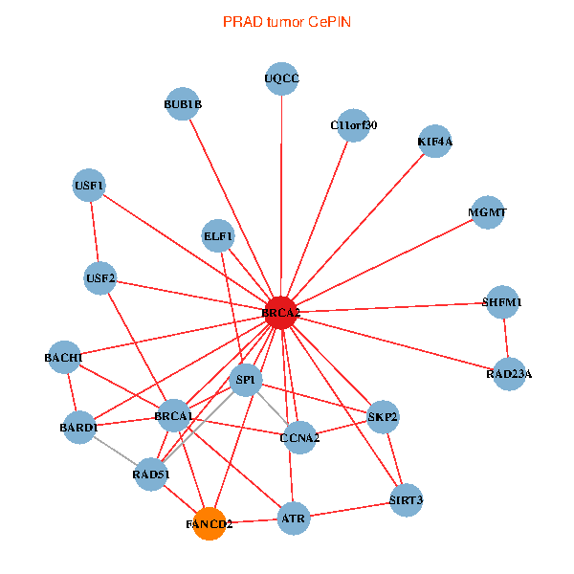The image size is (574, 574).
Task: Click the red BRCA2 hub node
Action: pyautogui.click(x=281, y=313)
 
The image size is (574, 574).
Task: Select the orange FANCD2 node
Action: pyautogui.click(x=210, y=524)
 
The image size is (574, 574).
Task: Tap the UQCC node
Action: pyautogui.click(x=281, y=79)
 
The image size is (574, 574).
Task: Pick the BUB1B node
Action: pyautogui.click(x=183, y=104)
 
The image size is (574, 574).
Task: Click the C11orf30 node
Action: pyautogui.click(x=354, y=125)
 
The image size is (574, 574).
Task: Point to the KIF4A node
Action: pyautogui.click(x=435, y=142)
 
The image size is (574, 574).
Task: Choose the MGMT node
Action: pyautogui.click(x=488, y=212)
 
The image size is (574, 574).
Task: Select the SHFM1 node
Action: pyautogui.click(x=503, y=302)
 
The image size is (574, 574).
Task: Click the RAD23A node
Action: pyautogui.click(x=509, y=373)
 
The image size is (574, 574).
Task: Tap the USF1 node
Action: pyautogui.click(x=89, y=185)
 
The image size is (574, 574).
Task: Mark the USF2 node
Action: pyautogui.click(x=100, y=279)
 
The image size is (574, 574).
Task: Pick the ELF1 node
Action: pyautogui.click(x=218, y=235)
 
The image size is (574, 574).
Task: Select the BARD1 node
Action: pyautogui.click(x=78, y=428)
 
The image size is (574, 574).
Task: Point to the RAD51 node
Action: pyautogui.click(x=151, y=475)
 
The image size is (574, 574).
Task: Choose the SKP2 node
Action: pyautogui.click(x=383, y=417)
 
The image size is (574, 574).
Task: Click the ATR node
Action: pyautogui.click(x=294, y=520)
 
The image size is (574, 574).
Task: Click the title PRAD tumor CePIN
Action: pyautogui.click(x=287, y=21)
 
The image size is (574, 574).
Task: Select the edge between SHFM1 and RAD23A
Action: pyautogui.click(x=506, y=338)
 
